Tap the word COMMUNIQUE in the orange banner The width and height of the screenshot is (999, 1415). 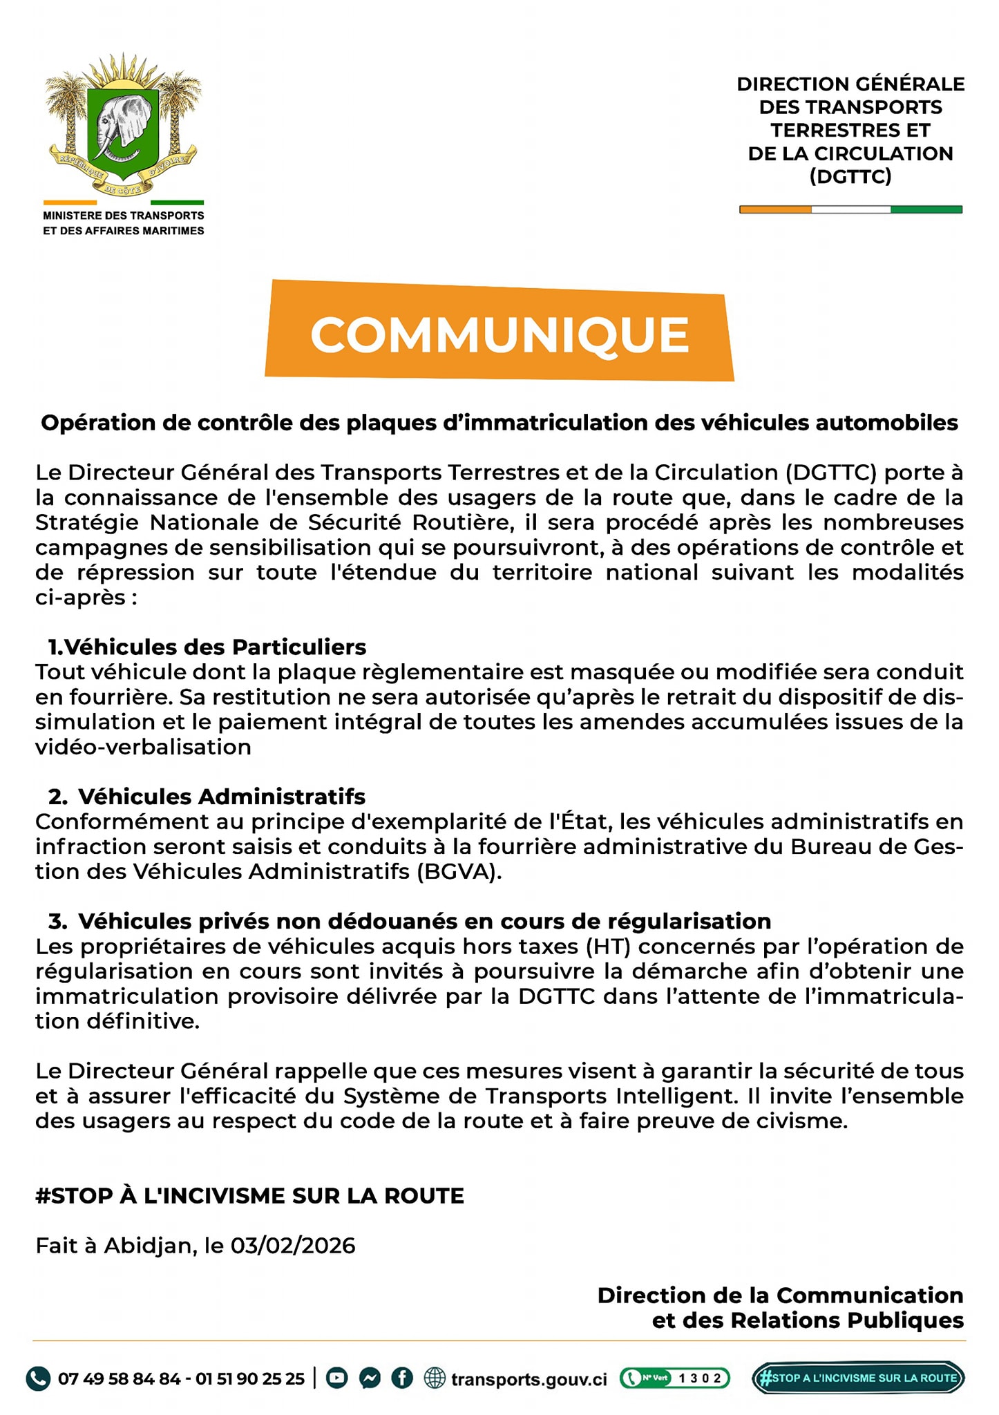tap(499, 334)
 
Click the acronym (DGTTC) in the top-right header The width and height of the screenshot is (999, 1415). tap(850, 177)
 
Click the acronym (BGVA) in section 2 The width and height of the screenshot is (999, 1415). tap(456, 872)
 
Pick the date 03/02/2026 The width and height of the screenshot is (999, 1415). tap(293, 1246)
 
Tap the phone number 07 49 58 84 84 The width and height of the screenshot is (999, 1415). tap(119, 1379)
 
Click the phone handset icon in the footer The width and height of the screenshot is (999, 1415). tap(39, 1379)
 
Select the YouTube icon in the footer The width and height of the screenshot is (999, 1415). tap(336, 1378)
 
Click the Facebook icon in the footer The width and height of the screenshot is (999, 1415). tap(402, 1378)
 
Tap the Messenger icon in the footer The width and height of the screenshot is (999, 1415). tap(369, 1378)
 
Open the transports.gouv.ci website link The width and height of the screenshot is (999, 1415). tap(529, 1379)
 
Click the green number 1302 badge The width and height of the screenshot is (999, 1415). tap(674, 1378)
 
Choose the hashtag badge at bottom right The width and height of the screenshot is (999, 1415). tap(857, 1378)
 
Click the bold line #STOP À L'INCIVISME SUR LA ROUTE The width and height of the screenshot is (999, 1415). tap(249, 1195)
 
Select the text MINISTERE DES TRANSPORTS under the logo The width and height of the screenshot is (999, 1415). tap(124, 216)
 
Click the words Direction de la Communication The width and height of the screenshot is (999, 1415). tap(780, 1295)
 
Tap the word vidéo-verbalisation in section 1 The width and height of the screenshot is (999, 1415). tap(143, 747)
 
